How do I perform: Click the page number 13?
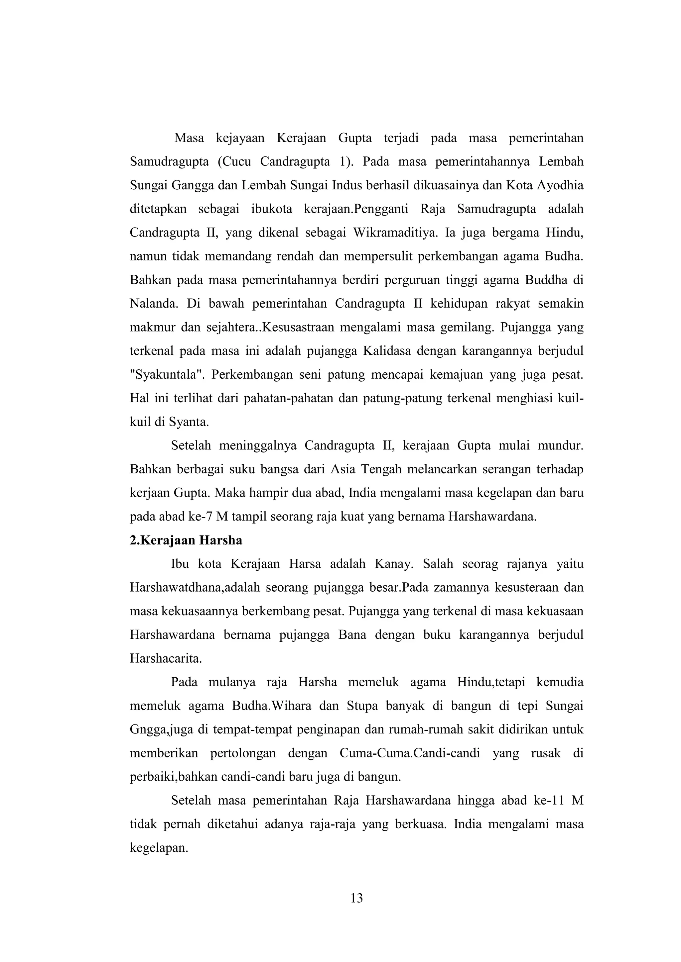[356, 898]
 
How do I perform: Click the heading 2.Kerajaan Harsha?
[186, 540]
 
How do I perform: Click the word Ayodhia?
[560, 185]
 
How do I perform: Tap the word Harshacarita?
[166, 658]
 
